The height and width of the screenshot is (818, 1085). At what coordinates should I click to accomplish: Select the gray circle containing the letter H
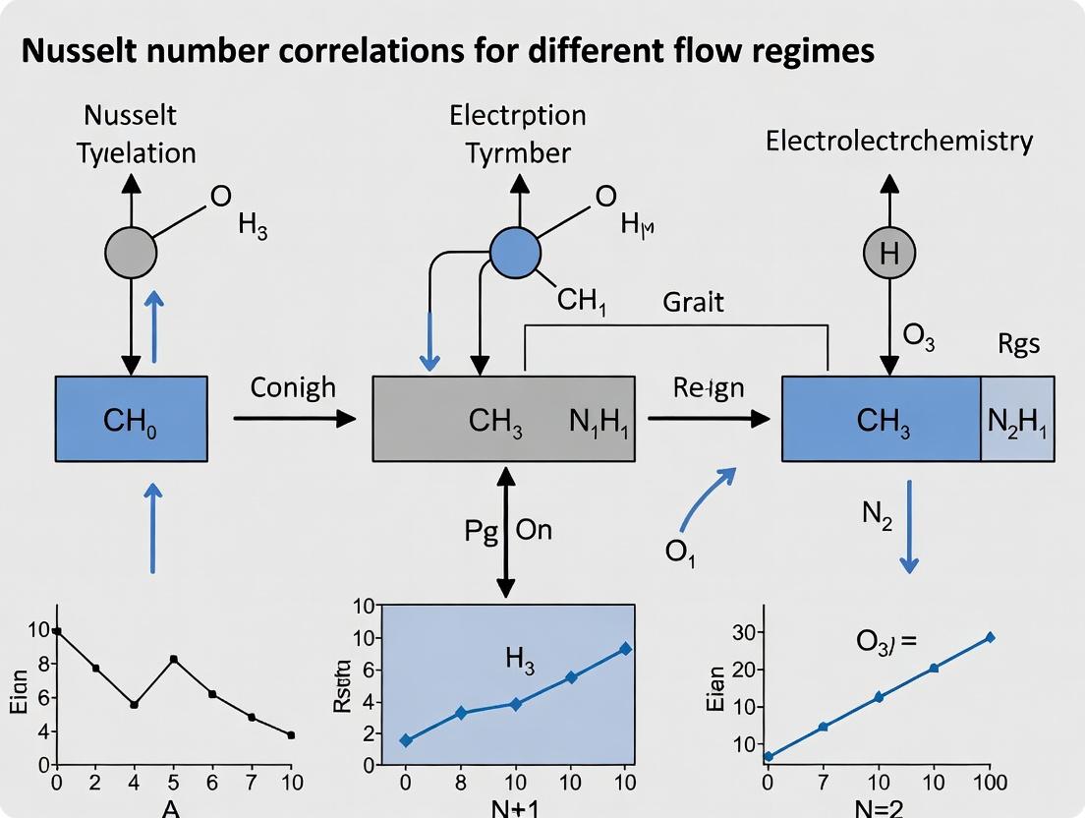coord(889,254)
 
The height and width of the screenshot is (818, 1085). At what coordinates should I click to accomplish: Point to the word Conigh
coord(292,387)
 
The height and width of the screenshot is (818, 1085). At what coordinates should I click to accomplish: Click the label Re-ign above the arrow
coord(709,387)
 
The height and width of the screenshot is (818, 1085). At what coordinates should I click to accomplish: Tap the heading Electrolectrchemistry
coord(899,141)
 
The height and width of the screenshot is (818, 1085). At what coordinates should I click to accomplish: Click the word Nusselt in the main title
coord(78,50)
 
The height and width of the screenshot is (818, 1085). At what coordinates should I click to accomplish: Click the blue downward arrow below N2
coord(909,526)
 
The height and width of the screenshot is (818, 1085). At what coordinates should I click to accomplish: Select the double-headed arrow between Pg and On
coord(505,531)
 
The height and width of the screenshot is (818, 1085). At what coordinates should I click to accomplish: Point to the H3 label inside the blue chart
coord(520,661)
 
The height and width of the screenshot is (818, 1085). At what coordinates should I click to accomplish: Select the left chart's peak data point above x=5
coord(174,659)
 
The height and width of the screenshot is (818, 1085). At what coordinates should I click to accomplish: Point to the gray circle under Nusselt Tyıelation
coord(131,254)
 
